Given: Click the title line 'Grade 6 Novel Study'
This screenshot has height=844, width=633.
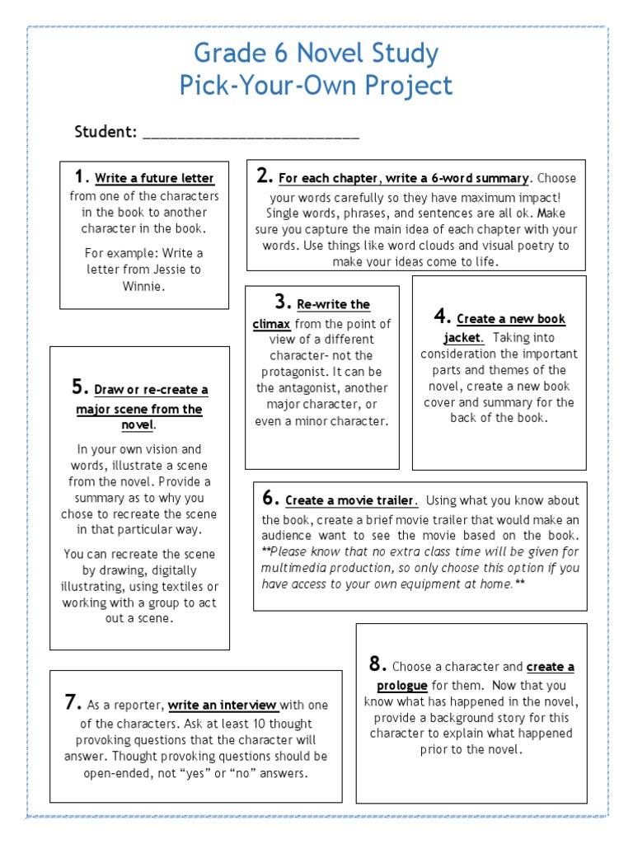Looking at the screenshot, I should coord(316,54).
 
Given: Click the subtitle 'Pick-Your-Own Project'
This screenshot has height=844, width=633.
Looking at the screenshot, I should coord(316,85).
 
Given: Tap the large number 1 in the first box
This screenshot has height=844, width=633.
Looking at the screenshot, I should coord(80,176).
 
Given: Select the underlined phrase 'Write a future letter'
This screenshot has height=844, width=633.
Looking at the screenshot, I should coord(154,178).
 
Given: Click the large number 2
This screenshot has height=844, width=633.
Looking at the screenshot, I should coord(265,176).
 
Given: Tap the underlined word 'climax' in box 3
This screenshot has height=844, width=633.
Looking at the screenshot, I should coord(271,324).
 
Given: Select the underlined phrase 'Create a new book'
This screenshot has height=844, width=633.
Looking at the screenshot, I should coord(511,319).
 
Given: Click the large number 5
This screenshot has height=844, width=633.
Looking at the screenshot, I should coord(80,387).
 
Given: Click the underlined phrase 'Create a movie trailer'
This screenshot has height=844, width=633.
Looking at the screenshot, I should coord(351,500).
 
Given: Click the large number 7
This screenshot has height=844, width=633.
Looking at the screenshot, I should coord(72,702).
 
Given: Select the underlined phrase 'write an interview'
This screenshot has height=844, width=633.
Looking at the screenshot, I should coord(223,705).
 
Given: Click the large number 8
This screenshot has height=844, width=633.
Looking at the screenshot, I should coord(377,664).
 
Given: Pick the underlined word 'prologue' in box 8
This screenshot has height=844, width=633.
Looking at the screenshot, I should coord(402,685).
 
